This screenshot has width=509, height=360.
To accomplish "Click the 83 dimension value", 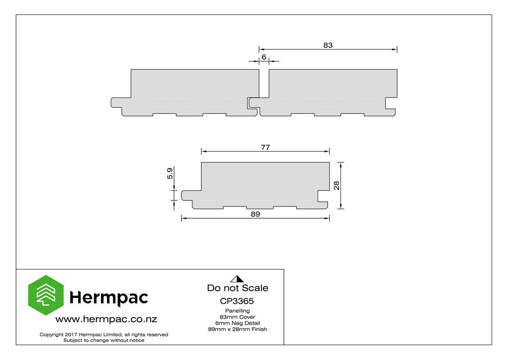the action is click(328, 45).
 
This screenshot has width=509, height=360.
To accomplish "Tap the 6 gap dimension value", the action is click(264, 57).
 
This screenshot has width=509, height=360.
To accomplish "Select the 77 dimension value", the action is click(265, 147).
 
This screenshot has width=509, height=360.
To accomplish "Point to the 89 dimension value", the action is click(255, 214).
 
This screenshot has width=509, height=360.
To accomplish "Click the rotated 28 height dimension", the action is click(337, 185).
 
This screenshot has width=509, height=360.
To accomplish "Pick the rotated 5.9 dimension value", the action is click(170, 173).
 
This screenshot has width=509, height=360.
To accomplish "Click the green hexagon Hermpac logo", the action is click(46, 295).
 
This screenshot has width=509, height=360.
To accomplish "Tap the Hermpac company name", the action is click(108, 297).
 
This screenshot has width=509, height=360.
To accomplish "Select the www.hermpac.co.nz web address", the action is click(106, 319).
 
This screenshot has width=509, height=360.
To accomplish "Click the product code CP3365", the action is click(237, 301).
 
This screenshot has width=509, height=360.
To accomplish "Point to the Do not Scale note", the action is click(238, 288).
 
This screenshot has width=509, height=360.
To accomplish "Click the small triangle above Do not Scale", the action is click(237, 279).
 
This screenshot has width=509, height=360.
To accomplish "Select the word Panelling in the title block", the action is click(237, 311).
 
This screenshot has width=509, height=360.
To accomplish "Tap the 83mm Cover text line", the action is click(237, 317).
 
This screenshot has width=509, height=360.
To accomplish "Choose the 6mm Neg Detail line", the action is click(237, 323).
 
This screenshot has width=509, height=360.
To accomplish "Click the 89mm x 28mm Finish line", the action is click(237, 329).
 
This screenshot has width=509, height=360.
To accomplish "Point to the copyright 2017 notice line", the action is click(104, 334).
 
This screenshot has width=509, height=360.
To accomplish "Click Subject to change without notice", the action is click(104, 340).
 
